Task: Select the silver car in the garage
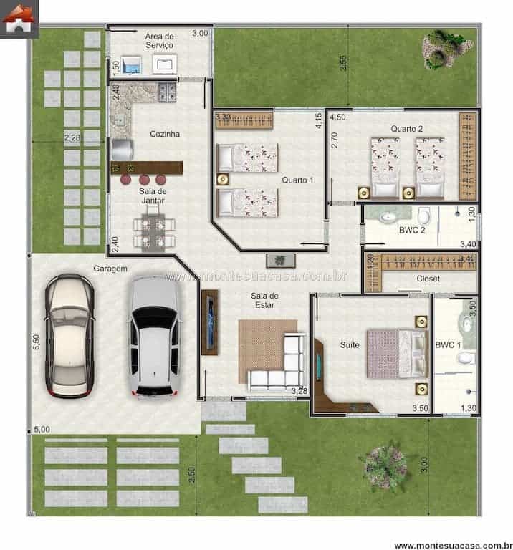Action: click(x=154, y=337)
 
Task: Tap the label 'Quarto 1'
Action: click(x=297, y=180)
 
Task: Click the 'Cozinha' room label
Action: click(x=164, y=134)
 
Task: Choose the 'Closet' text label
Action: click(x=428, y=279)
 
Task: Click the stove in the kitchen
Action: click(x=166, y=92)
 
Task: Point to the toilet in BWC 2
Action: click(x=423, y=216)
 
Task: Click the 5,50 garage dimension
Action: click(x=36, y=343)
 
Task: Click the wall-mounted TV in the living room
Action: click(x=210, y=322)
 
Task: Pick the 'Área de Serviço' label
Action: click(x=159, y=40)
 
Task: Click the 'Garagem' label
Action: click(x=110, y=269)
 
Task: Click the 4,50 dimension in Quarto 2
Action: click(x=337, y=117)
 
